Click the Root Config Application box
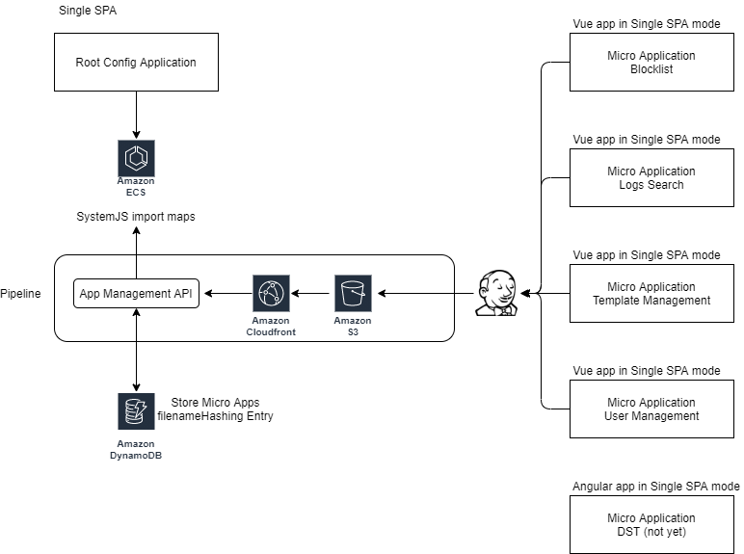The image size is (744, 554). [x=136, y=63]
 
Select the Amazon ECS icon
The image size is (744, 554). [x=136, y=158]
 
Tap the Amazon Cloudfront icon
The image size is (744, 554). [x=271, y=293]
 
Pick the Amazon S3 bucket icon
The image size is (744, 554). [x=353, y=293]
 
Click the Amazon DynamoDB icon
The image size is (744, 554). [x=136, y=411]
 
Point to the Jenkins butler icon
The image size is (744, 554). [x=497, y=292]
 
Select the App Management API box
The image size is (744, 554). [x=137, y=293]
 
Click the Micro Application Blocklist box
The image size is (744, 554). [x=651, y=63]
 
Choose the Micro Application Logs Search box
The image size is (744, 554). [x=651, y=178]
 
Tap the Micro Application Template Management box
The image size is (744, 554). [x=651, y=294]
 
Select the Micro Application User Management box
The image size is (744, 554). [x=651, y=409]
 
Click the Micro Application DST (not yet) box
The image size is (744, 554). [x=651, y=525]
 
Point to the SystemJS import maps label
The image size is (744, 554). [x=136, y=217]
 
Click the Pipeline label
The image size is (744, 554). [x=21, y=293]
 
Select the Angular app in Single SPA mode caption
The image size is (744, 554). [x=656, y=487]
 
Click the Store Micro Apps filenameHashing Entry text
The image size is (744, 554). [x=221, y=409]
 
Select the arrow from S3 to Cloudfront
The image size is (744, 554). [x=311, y=293]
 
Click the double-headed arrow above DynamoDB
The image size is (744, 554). [x=136, y=351]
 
